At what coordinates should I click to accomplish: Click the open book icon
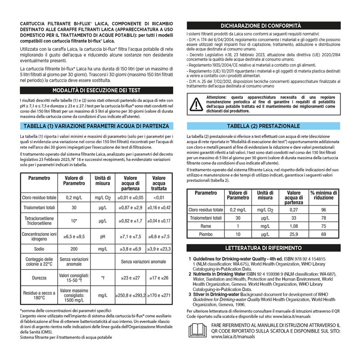click(x=197, y=330)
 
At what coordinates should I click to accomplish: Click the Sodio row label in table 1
click(x=39, y=248)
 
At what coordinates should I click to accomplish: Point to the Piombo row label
click(x=206, y=234)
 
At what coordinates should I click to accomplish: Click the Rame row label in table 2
click(x=206, y=226)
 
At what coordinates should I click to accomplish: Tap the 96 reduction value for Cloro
click(x=323, y=210)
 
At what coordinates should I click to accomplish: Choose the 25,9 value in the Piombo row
click(x=293, y=234)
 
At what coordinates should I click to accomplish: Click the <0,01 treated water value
click(x=158, y=197)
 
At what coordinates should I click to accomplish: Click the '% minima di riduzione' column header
click(x=323, y=195)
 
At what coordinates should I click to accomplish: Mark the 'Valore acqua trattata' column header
click(x=158, y=184)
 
